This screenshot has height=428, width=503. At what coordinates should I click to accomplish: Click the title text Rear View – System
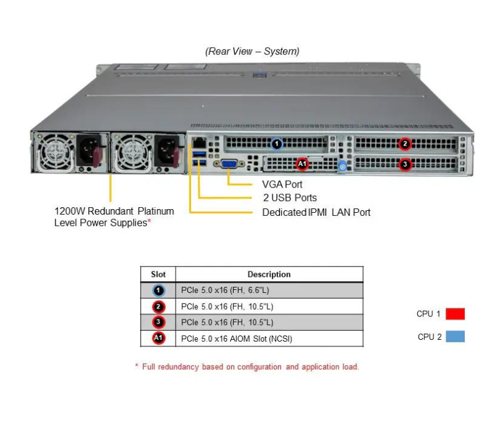[x=252, y=51]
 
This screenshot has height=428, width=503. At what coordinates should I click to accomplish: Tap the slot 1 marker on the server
[x=277, y=144]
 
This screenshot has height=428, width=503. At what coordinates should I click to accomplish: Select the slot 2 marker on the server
[x=404, y=144]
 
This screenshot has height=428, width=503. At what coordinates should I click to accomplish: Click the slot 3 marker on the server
[x=404, y=164]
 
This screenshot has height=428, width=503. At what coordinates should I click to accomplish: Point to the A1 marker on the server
[x=301, y=164]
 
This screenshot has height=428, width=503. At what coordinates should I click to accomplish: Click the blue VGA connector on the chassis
[x=227, y=164]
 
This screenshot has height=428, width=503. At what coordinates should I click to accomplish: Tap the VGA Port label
[x=282, y=184]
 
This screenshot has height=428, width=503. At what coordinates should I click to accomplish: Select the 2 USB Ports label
[x=289, y=198]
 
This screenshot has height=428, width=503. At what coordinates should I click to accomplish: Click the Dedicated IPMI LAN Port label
[x=316, y=212]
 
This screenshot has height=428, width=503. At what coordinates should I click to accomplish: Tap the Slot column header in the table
[x=158, y=274]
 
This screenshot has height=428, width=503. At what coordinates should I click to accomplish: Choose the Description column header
[x=269, y=274]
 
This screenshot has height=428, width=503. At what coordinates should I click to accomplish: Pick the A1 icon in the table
[x=158, y=338]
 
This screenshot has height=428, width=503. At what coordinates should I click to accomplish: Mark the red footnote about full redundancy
[x=247, y=366]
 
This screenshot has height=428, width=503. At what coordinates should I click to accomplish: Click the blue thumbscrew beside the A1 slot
[x=343, y=165]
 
